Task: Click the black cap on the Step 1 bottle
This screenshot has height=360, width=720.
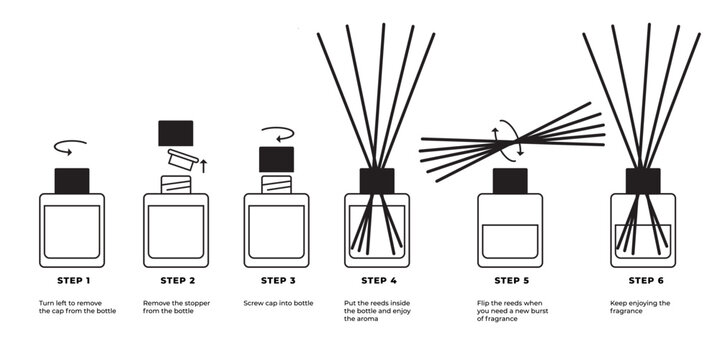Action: coord(71,180)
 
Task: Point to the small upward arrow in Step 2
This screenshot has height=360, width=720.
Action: coord(204,165)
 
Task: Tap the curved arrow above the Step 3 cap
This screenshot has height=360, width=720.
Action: coord(276,132)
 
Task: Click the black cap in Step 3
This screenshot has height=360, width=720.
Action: coord(276,158)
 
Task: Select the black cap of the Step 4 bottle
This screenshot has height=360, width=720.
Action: coord(377,180)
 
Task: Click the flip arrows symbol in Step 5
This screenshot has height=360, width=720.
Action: coord(509,141)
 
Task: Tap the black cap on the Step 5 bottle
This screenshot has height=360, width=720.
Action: coord(510,181)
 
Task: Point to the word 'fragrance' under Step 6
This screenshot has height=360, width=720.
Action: coord(627,311)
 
